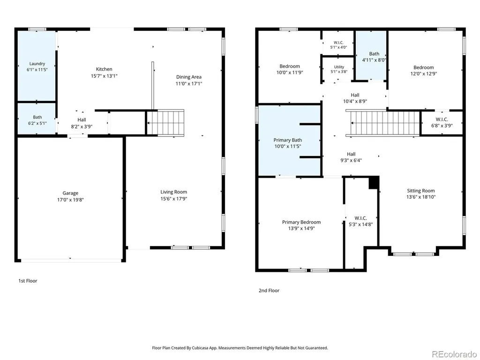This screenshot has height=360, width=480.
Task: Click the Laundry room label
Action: tap(37, 64)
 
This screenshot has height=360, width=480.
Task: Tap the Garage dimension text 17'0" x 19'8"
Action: tap(70, 200)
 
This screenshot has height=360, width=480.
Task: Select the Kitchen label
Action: tap(104, 69)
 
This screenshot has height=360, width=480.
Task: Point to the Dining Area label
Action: tap(189, 77)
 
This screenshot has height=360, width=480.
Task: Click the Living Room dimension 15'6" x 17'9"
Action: tap(174, 199)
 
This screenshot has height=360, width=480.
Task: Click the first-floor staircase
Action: tap(165, 122)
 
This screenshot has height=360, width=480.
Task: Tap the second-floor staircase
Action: tap(382, 123)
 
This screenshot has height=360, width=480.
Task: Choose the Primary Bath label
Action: tap(288, 140)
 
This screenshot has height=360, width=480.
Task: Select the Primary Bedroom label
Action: tap(301, 222)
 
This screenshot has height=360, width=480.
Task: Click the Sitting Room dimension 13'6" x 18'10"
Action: tap(421, 197)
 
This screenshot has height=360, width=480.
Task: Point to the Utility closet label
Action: tap(339, 67)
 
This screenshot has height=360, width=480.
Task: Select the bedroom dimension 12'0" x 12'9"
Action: tap(424, 74)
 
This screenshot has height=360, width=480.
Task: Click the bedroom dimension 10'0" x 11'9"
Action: tap(290, 73)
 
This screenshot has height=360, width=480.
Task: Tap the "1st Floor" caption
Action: tap(28, 281)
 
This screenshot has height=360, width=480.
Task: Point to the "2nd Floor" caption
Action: tap(269, 291)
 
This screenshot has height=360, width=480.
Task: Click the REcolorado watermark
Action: tap(454, 354)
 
